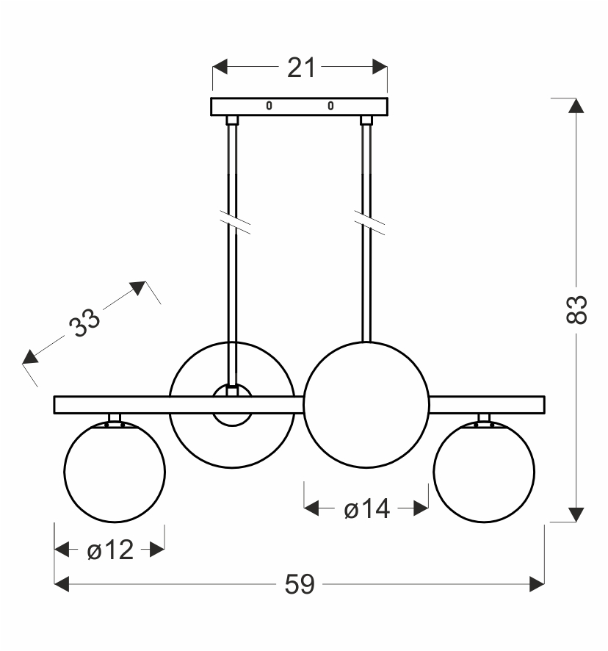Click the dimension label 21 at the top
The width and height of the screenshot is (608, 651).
click(x=301, y=68)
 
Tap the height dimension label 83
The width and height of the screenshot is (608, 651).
click(x=576, y=309)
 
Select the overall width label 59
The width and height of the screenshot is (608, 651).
click(x=300, y=585)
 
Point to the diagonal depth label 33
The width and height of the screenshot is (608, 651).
click(x=84, y=323)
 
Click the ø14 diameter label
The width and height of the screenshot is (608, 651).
click(x=367, y=508)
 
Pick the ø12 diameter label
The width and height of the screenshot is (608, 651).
click(x=110, y=550)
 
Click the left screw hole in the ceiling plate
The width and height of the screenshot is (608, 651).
click(x=269, y=106)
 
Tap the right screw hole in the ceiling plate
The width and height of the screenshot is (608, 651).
click(x=330, y=106)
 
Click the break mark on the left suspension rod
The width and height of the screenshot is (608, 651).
click(x=235, y=223)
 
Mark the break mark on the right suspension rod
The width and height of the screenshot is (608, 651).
click(x=369, y=223)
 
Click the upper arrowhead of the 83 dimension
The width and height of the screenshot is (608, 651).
click(x=576, y=106)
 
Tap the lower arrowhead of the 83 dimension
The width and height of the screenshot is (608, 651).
click(x=576, y=515)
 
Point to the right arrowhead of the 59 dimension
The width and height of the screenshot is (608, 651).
click(x=537, y=584)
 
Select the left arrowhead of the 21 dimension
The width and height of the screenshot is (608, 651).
click(x=220, y=66)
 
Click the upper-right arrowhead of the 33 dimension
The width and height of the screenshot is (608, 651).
click(x=139, y=287)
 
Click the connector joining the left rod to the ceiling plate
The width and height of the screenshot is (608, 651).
click(x=233, y=121)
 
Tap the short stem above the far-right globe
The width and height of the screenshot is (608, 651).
click(x=484, y=417)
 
